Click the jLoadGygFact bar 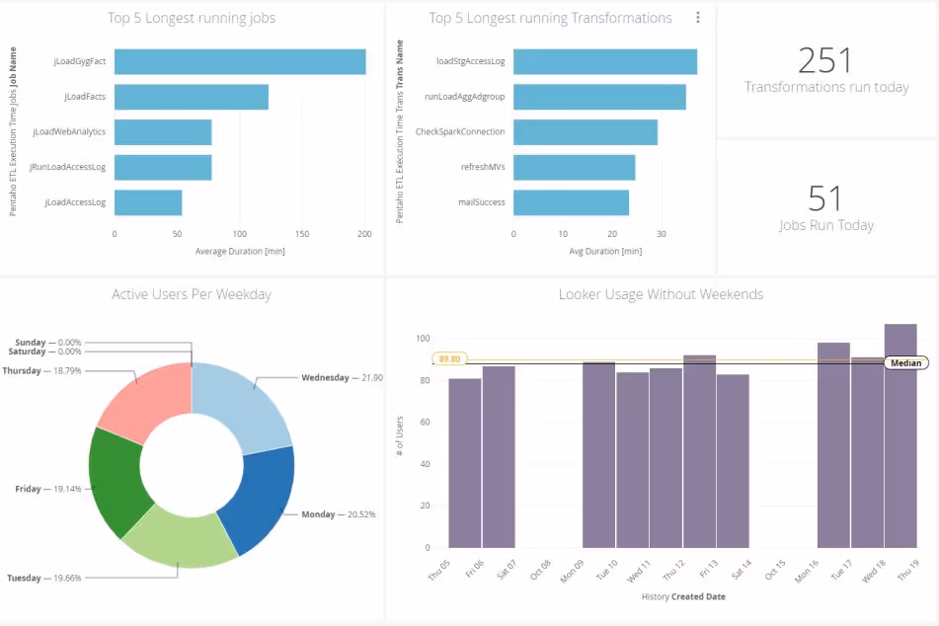pyautogui.click(x=240, y=61)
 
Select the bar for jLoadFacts pyautogui.click(x=192, y=97)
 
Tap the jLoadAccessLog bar pyautogui.click(x=148, y=202)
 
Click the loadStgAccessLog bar pyautogui.click(x=604, y=61)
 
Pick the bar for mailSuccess pyautogui.click(x=571, y=202)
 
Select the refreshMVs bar pyautogui.click(x=574, y=167)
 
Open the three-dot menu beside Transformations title pyautogui.click(x=698, y=18)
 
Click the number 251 pyautogui.click(x=825, y=60)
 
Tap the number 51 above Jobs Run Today pyautogui.click(x=825, y=198)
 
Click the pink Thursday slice pyautogui.click(x=148, y=400)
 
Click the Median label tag pyautogui.click(x=905, y=362)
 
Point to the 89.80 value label pyautogui.click(x=449, y=359)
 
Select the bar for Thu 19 pyautogui.click(x=900, y=434)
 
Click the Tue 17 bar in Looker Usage pyautogui.click(x=833, y=444)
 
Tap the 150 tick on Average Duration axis pyautogui.click(x=302, y=234)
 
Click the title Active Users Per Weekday pyautogui.click(x=192, y=294)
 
